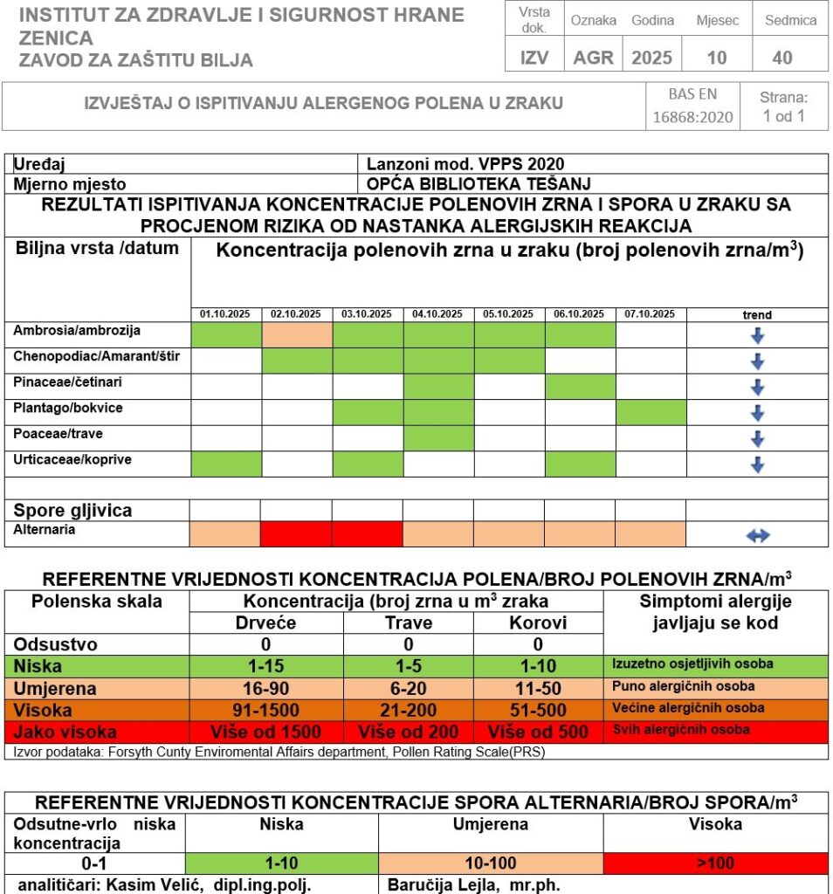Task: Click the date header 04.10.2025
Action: (438, 314)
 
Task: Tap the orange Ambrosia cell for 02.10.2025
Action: (297, 334)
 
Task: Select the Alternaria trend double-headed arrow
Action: (758, 535)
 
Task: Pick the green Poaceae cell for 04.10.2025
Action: (438, 438)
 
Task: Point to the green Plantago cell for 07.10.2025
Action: (651, 412)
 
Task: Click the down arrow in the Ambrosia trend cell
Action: (758, 336)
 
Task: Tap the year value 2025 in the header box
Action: (651, 58)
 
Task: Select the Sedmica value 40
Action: (782, 58)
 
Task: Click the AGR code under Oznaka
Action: (594, 58)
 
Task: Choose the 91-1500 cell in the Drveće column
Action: (266, 710)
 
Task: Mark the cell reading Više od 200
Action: (409, 732)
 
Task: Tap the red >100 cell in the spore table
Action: (715, 863)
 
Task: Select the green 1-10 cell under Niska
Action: (281, 863)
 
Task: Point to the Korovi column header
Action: (538, 623)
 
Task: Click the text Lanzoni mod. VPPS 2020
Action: (465, 164)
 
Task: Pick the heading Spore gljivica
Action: (72, 510)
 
